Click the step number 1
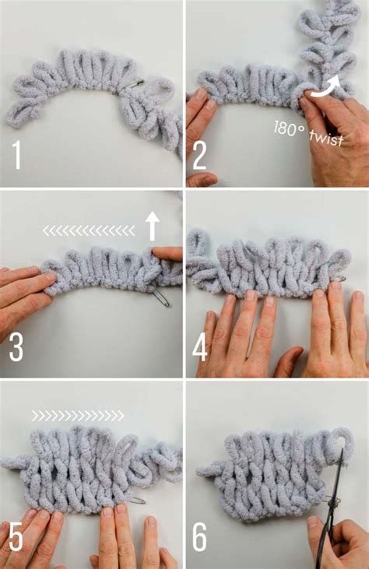pyautogui.click(x=16, y=155)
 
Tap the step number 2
pyautogui.click(x=199, y=155)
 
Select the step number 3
pyautogui.click(x=16, y=347)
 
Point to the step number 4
pyautogui.click(x=200, y=347)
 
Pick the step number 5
pyautogui.click(x=16, y=536)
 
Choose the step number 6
pyautogui.click(x=200, y=536)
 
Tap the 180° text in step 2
pyautogui.click(x=289, y=126)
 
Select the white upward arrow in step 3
pyautogui.click(x=153, y=227)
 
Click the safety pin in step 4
pyautogui.click(x=339, y=279)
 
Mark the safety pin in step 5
pyautogui.click(x=135, y=499)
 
